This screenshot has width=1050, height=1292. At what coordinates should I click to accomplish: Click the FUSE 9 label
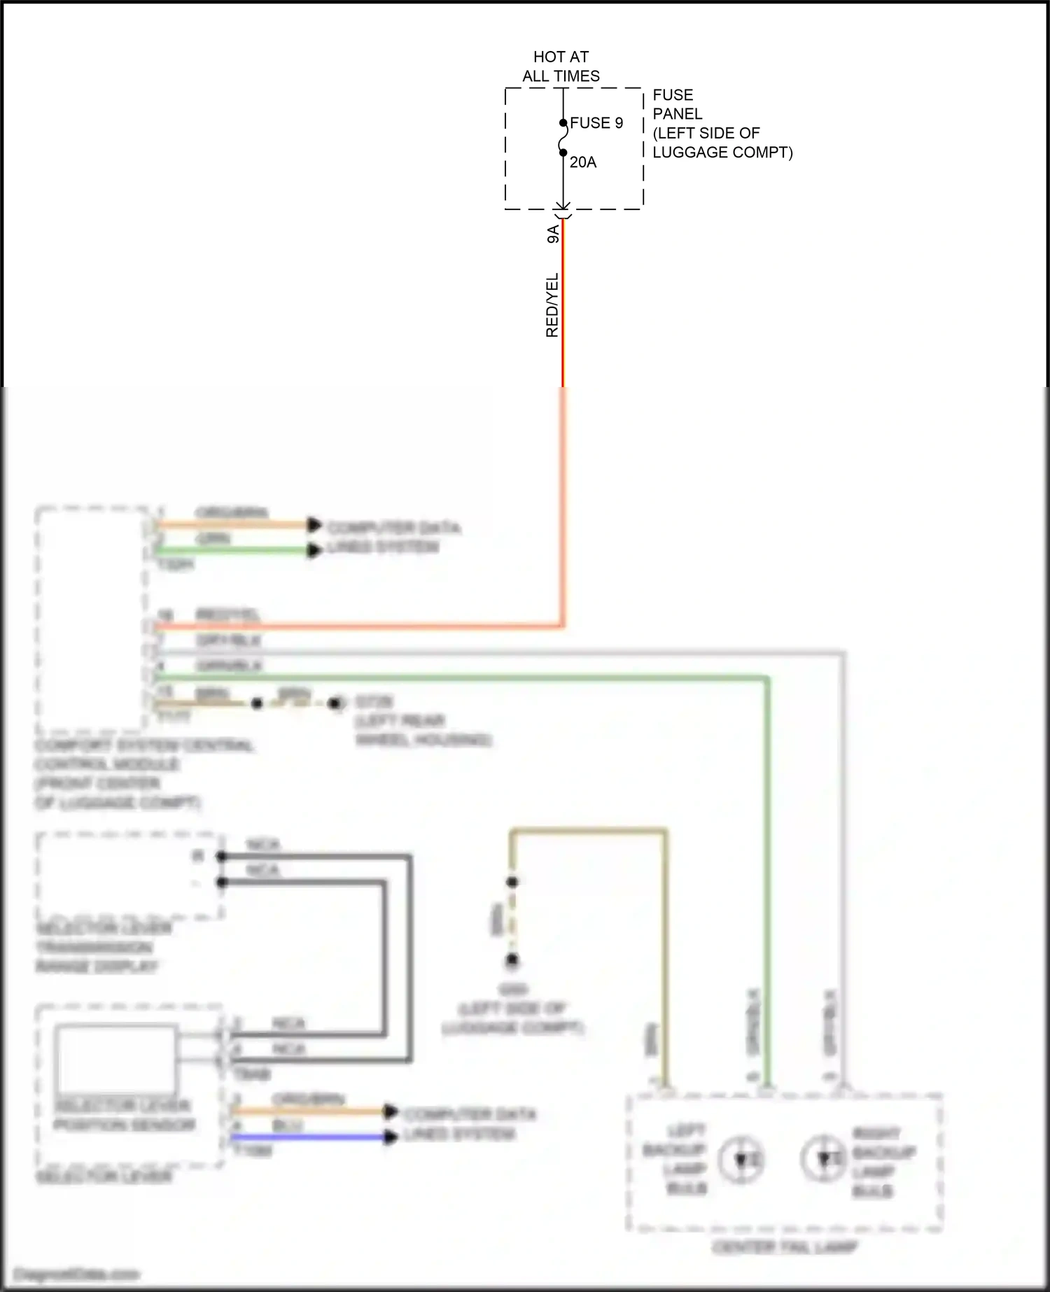tap(596, 123)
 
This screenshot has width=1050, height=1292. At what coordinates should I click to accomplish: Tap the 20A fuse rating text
tap(582, 162)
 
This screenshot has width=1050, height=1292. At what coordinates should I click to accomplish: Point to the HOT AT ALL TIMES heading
tap(561, 66)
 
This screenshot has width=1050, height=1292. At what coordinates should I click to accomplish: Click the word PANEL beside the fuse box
tap(677, 114)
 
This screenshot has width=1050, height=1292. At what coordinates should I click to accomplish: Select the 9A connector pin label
tap(553, 234)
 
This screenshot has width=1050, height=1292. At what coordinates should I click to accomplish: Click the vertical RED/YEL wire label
tap(552, 305)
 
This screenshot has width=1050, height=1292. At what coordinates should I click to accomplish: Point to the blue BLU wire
tap(308, 1137)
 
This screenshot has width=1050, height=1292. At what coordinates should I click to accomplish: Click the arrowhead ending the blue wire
tap(391, 1137)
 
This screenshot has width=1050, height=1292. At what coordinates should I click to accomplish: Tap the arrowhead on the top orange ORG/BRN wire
tap(314, 525)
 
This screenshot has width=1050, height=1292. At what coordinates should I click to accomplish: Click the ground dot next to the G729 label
tap(337, 703)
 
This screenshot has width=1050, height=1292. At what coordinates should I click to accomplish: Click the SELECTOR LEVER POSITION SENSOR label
tap(125, 1115)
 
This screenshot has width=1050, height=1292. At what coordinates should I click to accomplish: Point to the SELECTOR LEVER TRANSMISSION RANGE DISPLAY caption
tap(103, 947)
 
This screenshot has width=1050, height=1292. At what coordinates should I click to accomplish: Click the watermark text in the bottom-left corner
tap(77, 1274)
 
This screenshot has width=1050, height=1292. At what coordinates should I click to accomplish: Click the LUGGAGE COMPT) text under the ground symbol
tap(512, 1027)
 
